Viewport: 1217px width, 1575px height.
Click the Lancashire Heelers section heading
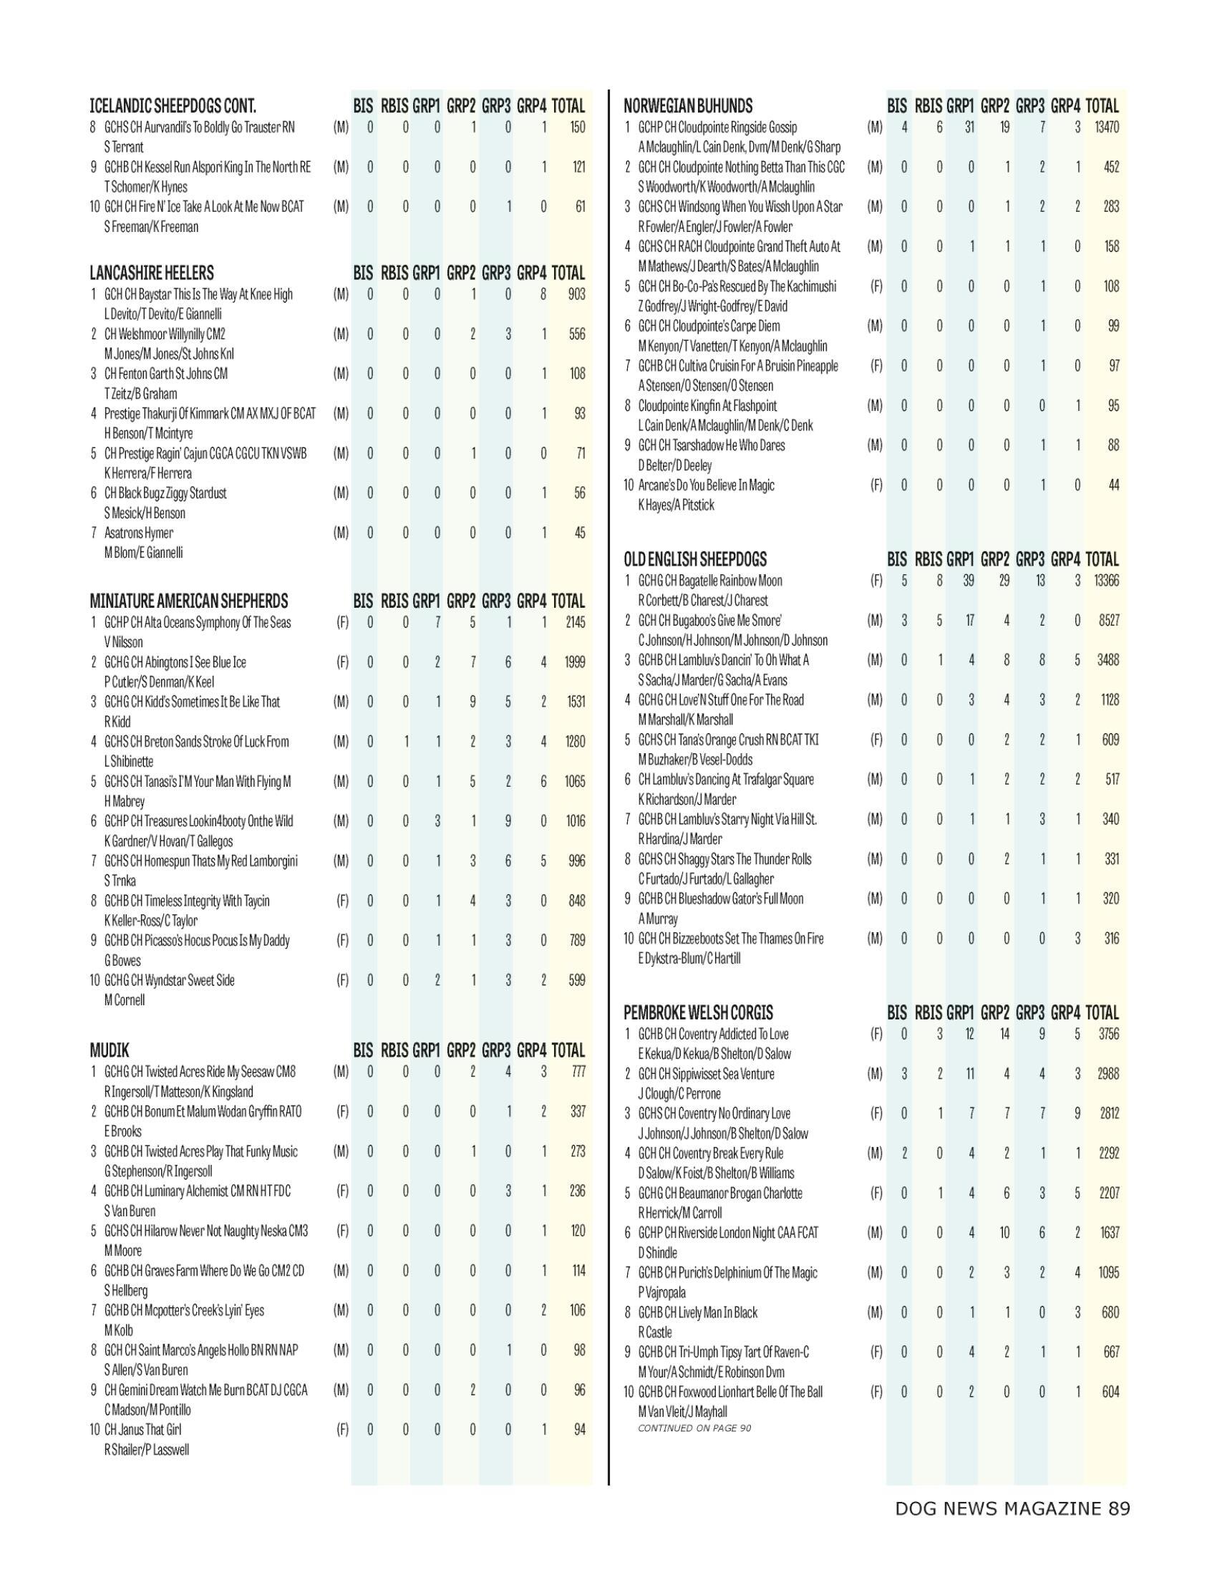[x=151, y=273]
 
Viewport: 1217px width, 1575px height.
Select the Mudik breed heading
[x=110, y=1051]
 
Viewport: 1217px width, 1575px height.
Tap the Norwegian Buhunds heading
[x=688, y=106]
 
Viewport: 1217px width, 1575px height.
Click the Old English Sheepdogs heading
[x=695, y=560]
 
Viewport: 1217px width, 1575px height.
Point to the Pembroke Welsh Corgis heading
[x=698, y=1013]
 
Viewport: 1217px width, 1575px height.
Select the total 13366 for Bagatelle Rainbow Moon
[x=1106, y=581]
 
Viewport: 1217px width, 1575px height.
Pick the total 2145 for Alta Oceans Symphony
[x=576, y=622]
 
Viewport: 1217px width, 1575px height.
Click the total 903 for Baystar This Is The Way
[x=577, y=294]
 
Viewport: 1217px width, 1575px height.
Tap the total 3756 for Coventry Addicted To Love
[x=1108, y=1034]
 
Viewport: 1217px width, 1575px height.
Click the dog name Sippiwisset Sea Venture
[x=706, y=1074]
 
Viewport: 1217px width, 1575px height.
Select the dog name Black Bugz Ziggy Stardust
[x=165, y=493]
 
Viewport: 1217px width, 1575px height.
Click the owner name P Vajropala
[x=662, y=1292]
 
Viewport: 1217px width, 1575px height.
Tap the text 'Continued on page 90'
[x=694, y=1428]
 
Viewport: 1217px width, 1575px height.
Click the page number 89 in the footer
[x=1120, y=1508]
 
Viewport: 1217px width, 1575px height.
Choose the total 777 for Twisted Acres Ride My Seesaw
[x=578, y=1072]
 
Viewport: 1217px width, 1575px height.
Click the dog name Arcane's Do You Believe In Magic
[x=706, y=485]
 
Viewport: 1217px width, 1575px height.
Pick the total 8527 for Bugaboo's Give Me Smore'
[x=1108, y=621]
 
